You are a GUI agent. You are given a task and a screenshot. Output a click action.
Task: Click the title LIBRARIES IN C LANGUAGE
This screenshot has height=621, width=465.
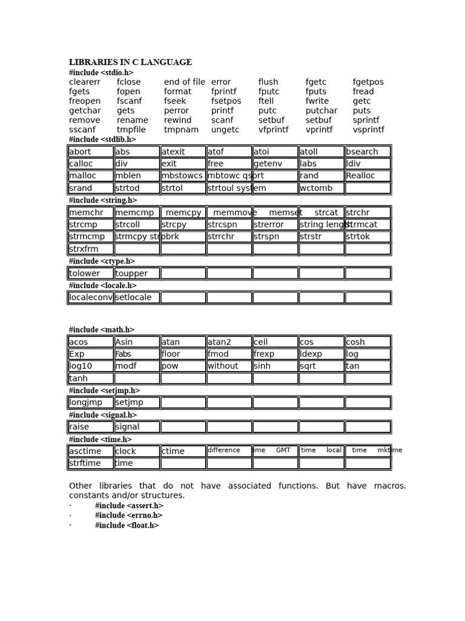pyautogui.click(x=130, y=62)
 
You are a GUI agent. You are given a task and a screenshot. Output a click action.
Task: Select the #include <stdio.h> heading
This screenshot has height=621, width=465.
pyautogui.click(x=101, y=73)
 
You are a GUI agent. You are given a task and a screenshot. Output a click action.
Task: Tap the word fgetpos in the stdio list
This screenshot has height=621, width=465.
pyautogui.click(x=368, y=82)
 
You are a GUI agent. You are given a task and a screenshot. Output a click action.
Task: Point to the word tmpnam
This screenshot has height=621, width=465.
pyautogui.click(x=181, y=130)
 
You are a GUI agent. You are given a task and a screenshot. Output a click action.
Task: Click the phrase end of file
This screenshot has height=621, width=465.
pyautogui.click(x=184, y=82)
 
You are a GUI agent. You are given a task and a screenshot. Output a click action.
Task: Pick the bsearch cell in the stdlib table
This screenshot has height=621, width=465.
pyautogui.click(x=368, y=152)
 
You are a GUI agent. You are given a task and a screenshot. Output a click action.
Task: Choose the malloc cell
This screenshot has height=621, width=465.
pyautogui.click(x=90, y=176)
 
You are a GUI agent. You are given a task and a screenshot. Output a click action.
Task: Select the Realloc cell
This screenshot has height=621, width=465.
pyautogui.click(x=368, y=176)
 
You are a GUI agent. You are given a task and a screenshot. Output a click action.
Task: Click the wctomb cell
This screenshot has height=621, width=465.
pyautogui.click(x=322, y=188)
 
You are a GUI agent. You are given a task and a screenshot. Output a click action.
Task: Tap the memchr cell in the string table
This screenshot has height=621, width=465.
pyautogui.click(x=90, y=213)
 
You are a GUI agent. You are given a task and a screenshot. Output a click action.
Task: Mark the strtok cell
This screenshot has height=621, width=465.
pyautogui.click(x=368, y=237)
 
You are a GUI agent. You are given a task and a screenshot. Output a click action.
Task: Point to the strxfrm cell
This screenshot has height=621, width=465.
pyautogui.click(x=90, y=249)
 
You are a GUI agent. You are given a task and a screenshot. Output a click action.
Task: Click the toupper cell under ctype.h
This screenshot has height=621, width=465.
pyautogui.click(x=137, y=274)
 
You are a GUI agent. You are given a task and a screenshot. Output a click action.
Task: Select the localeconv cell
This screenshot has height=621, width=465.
pyautogui.click(x=90, y=298)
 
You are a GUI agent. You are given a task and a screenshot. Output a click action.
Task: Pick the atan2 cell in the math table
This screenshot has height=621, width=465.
pyautogui.click(x=229, y=342)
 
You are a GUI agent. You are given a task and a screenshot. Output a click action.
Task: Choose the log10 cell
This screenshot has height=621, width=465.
pyautogui.click(x=90, y=366)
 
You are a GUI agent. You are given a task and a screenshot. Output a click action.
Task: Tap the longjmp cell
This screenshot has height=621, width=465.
pyautogui.click(x=90, y=403)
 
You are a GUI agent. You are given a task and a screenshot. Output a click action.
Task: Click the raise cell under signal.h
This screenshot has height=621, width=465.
pyautogui.click(x=90, y=427)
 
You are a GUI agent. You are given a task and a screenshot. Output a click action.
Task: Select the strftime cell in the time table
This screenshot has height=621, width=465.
pyautogui.click(x=90, y=463)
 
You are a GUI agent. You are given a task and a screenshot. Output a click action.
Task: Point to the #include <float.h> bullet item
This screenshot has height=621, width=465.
pyautogui.click(x=127, y=526)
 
